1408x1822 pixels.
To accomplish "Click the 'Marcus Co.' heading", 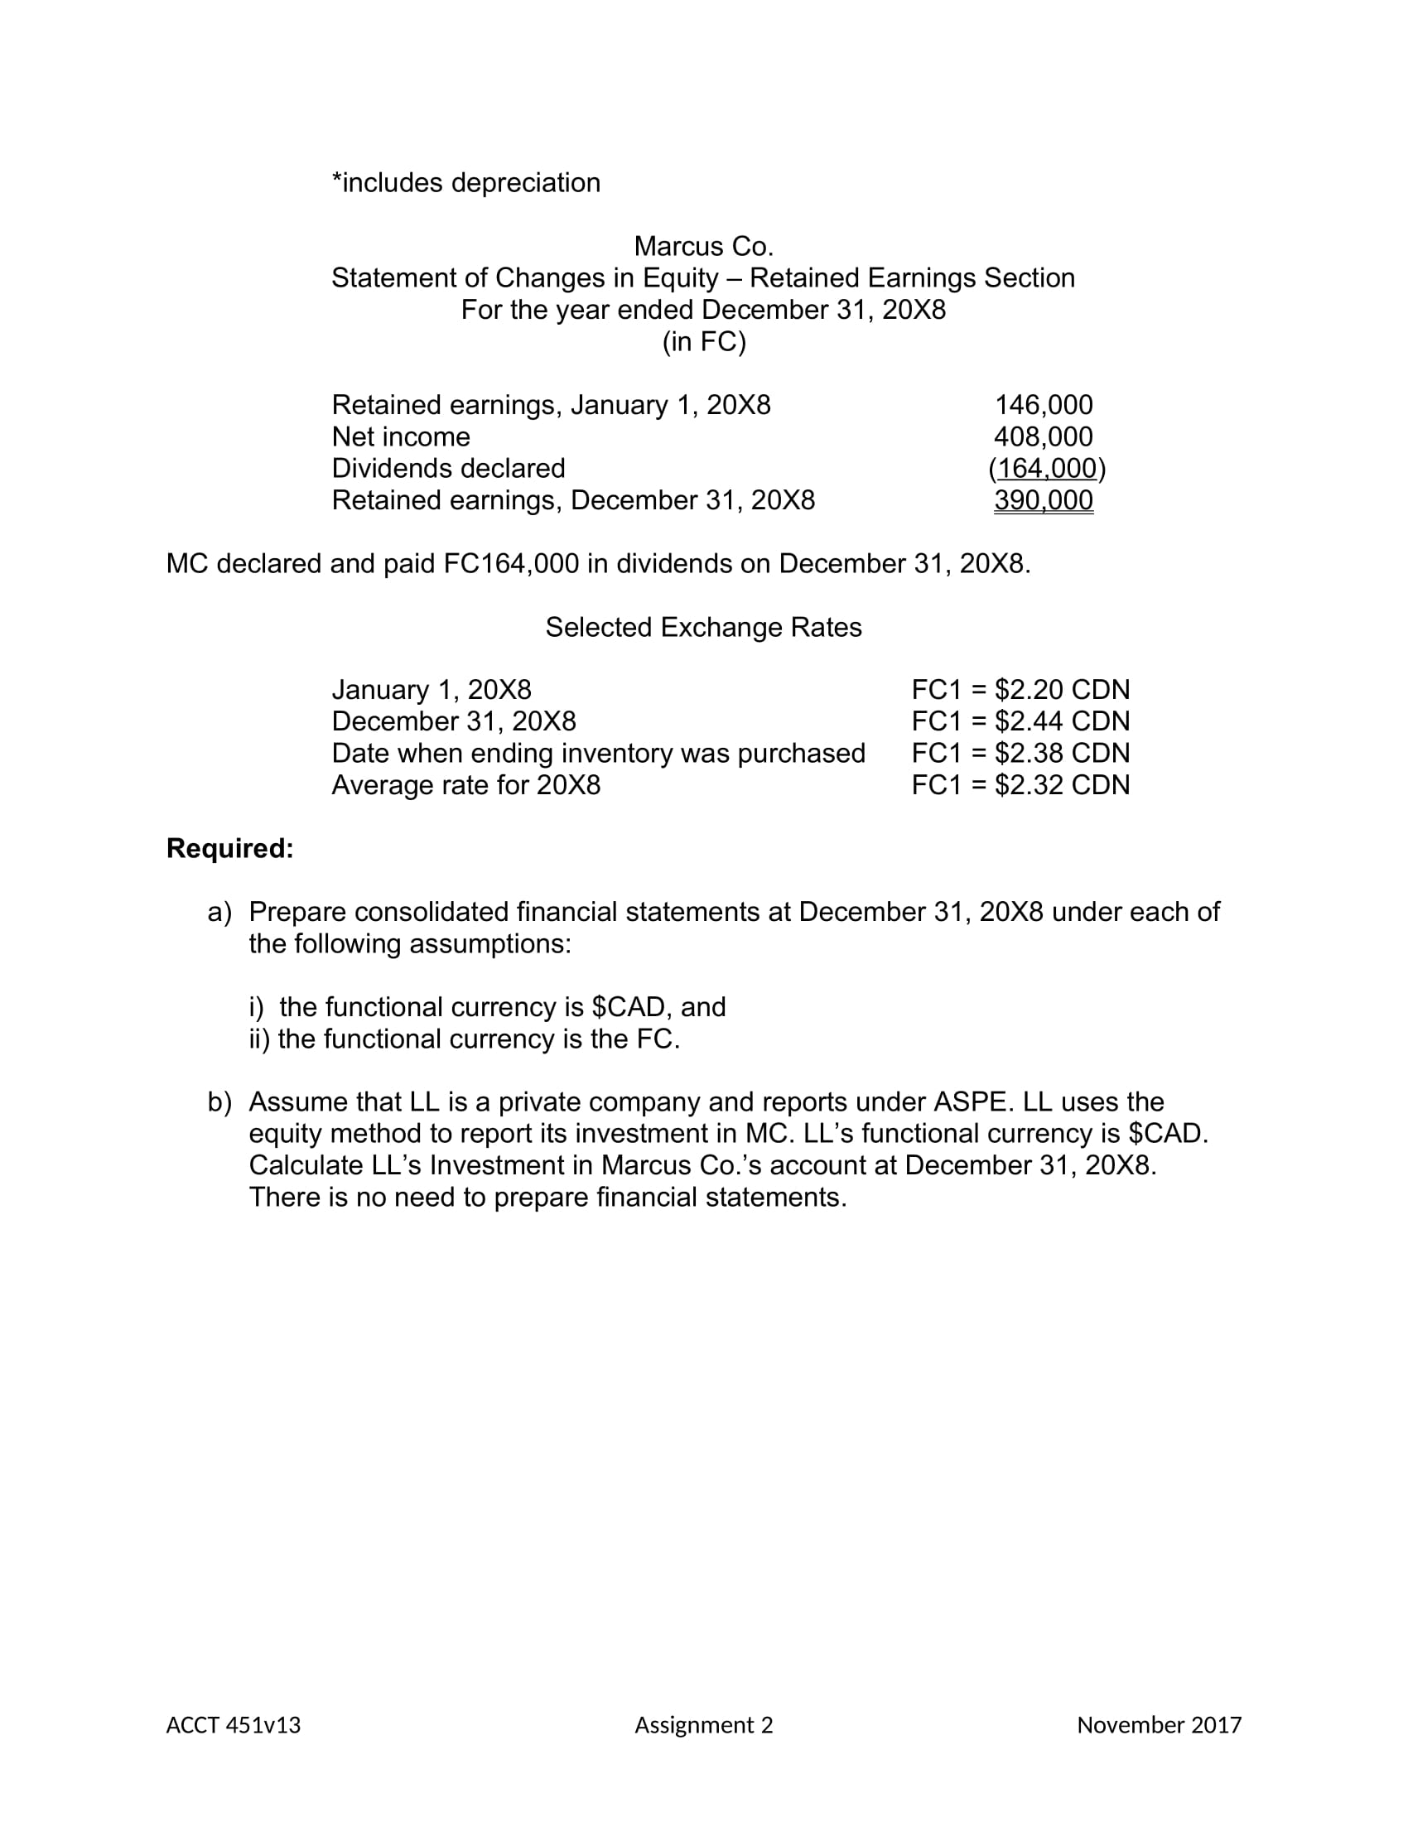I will [x=703, y=246].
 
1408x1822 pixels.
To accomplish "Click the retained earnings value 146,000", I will [x=1043, y=405].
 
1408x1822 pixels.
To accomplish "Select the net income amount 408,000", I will [x=1043, y=436].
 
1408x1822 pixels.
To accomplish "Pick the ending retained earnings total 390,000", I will [x=1043, y=500].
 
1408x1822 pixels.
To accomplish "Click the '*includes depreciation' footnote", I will [x=465, y=183].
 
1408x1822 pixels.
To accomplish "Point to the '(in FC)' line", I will [x=703, y=342].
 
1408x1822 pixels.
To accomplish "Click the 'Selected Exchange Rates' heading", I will [x=703, y=628].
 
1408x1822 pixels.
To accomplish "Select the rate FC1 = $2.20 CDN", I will [x=1020, y=690].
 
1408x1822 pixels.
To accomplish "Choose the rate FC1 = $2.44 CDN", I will [x=1020, y=721].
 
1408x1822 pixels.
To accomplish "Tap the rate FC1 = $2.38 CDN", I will [x=1020, y=754].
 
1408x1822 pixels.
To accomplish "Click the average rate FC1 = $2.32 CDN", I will [x=1020, y=785].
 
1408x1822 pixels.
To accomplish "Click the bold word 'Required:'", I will [x=229, y=848].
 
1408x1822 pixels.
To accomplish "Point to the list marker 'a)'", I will [x=219, y=912].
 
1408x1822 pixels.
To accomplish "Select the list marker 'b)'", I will [x=219, y=1102].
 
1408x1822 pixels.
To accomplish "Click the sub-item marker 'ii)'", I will [x=259, y=1039].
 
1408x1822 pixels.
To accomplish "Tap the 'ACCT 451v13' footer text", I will [x=233, y=1725].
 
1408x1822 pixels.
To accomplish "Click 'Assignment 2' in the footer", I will [x=703, y=1725].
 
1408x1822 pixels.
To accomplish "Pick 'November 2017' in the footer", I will [x=1159, y=1725].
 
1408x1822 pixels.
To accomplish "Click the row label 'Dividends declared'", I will [x=448, y=469].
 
